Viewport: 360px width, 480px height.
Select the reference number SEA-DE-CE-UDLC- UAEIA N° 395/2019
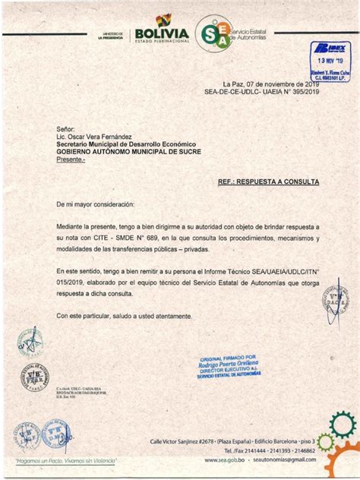[261, 91]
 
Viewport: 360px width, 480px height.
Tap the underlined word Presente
[71, 159]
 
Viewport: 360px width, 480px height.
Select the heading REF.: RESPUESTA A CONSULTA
[268, 183]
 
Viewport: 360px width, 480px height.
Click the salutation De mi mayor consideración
[95, 205]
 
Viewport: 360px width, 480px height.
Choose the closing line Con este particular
[125, 315]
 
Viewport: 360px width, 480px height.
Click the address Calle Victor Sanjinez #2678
[182, 441]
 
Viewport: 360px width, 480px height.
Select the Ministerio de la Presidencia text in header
[112, 34]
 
